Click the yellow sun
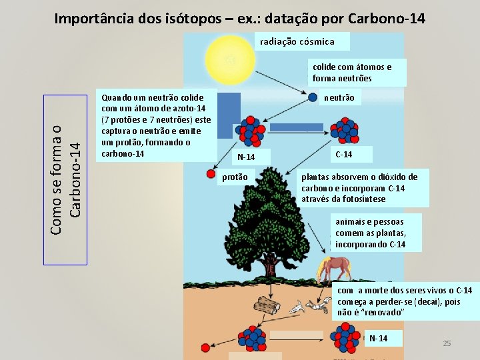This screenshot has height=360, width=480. [x=230, y=59]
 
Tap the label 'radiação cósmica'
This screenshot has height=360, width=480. [x=297, y=41]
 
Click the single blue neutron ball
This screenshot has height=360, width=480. [x=312, y=97]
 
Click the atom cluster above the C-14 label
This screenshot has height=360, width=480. [x=346, y=131]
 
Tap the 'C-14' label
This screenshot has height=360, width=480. [x=344, y=155]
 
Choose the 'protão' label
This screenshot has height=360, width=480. [x=235, y=177]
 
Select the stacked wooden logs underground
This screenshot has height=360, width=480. [x=267, y=306]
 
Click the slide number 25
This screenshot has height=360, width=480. [x=447, y=343]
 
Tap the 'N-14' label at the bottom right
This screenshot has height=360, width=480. [x=378, y=338]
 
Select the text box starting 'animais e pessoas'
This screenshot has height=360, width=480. [x=370, y=233]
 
